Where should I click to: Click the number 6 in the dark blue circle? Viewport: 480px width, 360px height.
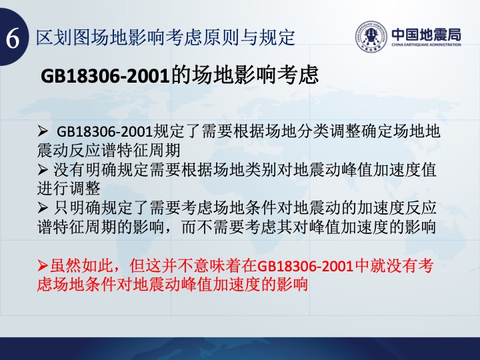click(x=13, y=38)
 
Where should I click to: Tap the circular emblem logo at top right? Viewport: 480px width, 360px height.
click(x=371, y=37)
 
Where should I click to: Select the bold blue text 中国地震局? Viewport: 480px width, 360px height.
click(x=426, y=34)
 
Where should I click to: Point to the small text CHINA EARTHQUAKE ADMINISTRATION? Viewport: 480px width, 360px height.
click(x=426, y=45)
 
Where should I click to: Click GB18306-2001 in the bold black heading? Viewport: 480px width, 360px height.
click(x=105, y=76)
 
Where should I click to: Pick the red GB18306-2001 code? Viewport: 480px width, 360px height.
click(x=305, y=266)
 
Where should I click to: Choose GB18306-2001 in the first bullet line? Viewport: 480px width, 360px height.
click(x=105, y=132)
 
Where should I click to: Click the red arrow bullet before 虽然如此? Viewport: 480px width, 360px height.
click(x=43, y=266)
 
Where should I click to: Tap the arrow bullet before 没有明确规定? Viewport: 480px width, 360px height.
click(x=43, y=169)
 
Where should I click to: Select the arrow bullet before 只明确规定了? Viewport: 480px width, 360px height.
click(x=43, y=208)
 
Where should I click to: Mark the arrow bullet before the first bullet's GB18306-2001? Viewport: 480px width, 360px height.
click(x=43, y=131)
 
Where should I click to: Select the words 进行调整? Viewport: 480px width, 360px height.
click(x=69, y=189)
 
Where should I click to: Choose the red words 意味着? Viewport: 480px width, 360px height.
click(x=217, y=266)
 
